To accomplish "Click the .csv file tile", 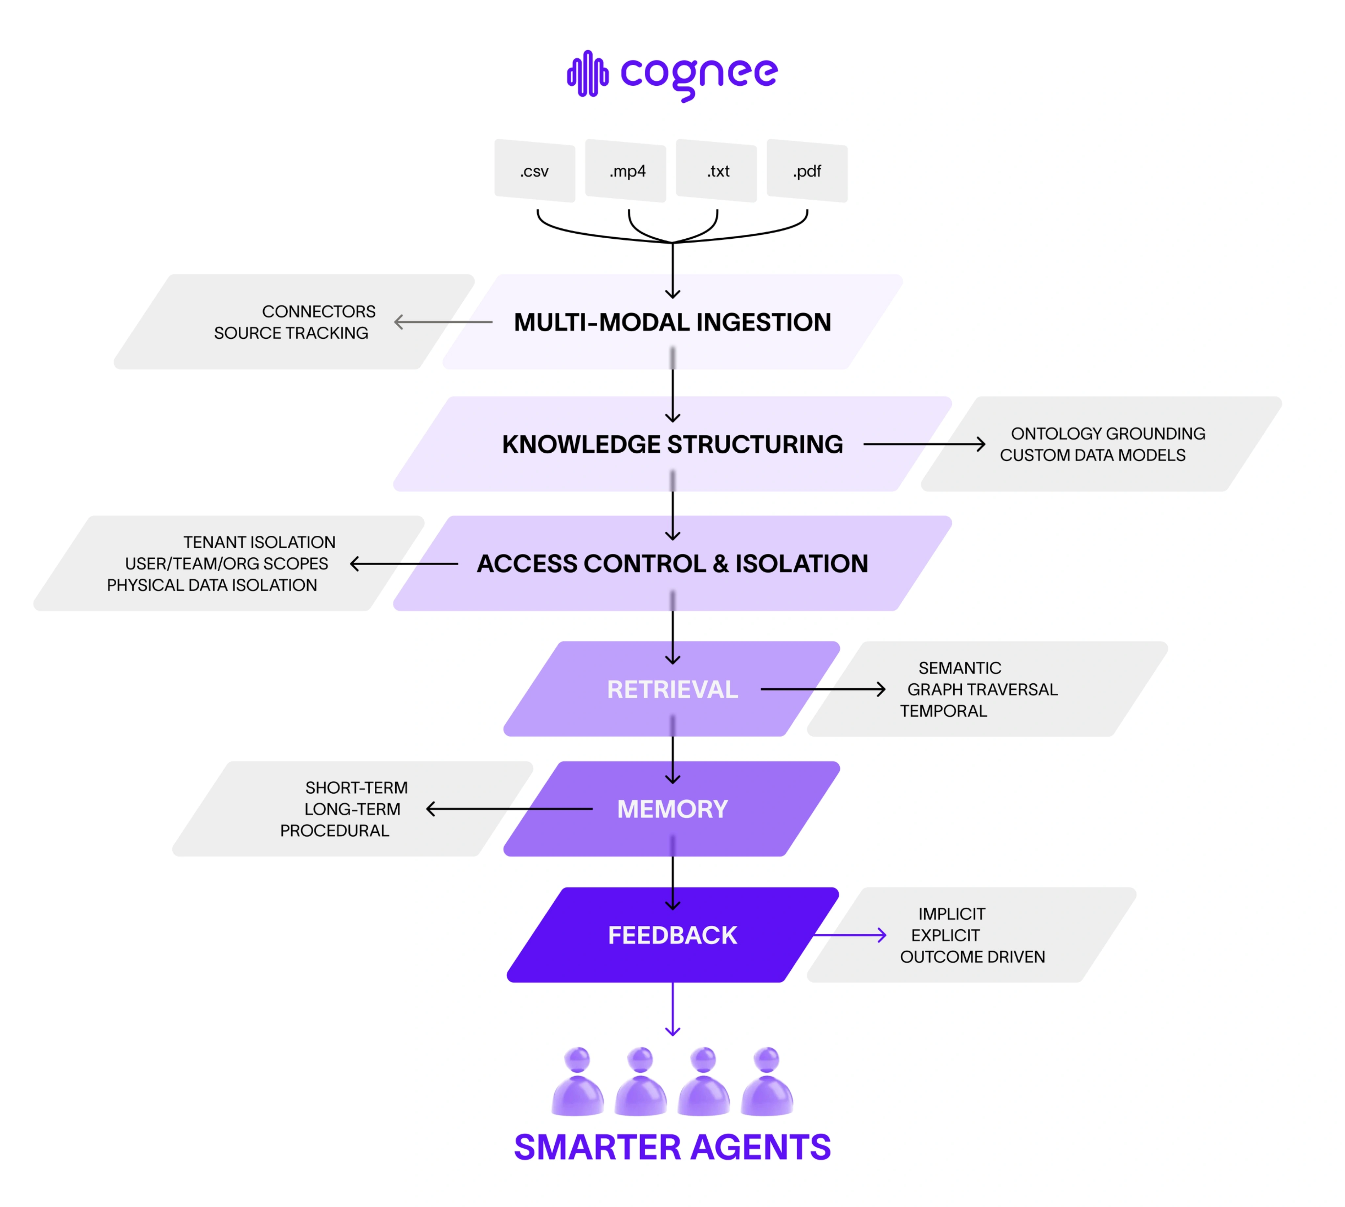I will (534, 171).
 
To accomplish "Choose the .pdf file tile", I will (807, 171).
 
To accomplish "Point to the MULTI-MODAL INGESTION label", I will (672, 322).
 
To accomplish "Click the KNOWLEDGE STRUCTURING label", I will (672, 444).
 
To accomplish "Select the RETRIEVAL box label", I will (672, 690).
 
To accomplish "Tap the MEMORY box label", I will (672, 809).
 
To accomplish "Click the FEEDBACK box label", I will (672, 935).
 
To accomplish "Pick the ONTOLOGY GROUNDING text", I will (1108, 434).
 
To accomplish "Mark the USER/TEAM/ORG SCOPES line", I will (226, 564).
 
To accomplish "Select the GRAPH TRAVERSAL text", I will (982, 690).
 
